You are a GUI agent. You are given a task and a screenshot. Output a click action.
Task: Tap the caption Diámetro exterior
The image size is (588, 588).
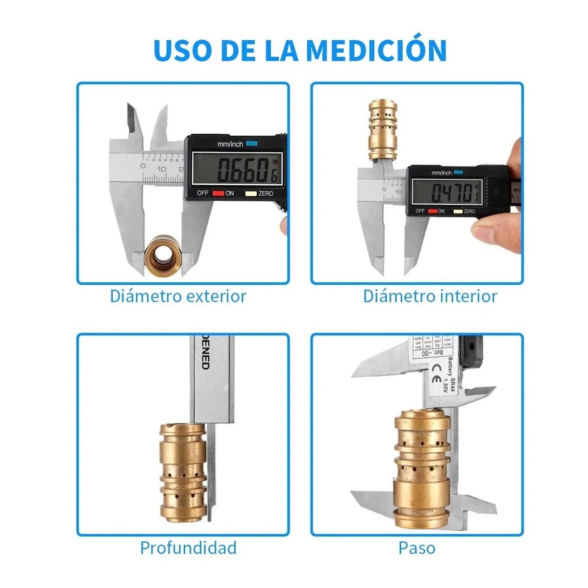click(x=178, y=296)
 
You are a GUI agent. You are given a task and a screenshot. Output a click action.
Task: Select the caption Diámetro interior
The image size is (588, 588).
click(x=430, y=296)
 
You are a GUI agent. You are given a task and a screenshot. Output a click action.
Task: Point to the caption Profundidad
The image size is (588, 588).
click(x=188, y=547)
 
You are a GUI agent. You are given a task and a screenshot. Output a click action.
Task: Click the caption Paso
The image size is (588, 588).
click(x=416, y=547)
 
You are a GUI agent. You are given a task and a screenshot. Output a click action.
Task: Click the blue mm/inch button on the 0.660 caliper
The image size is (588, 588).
click(x=251, y=144)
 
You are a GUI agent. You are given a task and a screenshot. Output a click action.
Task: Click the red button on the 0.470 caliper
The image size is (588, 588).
click(x=432, y=211)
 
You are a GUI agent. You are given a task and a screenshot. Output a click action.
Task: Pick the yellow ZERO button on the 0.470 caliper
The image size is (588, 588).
click(x=458, y=211)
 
